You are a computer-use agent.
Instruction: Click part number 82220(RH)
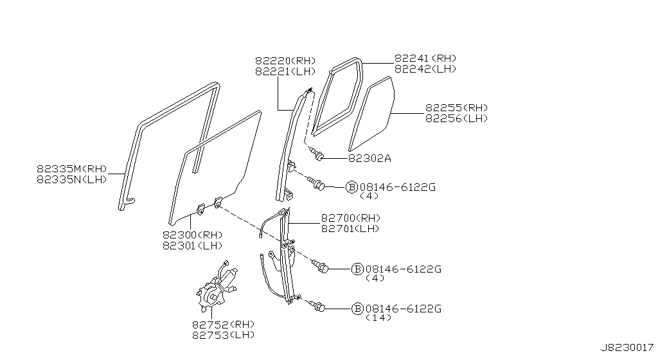click(285, 61)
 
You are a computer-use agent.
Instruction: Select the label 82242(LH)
click(425, 69)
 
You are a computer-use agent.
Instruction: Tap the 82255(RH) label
click(457, 108)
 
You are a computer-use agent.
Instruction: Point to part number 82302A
click(369, 158)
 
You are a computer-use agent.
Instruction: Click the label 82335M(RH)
click(72, 169)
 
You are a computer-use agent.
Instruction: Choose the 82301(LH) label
click(193, 246)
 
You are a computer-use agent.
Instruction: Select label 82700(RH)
click(351, 218)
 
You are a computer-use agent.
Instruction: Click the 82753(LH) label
click(223, 335)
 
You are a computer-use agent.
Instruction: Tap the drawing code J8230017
click(627, 348)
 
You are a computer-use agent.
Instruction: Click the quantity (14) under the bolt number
click(378, 318)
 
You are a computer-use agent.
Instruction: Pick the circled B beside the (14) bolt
click(357, 309)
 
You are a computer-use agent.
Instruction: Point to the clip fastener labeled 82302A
click(317, 154)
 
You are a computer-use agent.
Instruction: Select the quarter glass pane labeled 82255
click(372, 113)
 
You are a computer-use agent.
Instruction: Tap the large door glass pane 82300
click(215, 168)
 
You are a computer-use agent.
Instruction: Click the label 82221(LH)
click(285, 72)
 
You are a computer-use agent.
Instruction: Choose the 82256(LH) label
click(457, 119)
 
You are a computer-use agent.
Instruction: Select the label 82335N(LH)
click(72, 179)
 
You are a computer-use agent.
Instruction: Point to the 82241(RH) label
click(425, 59)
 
